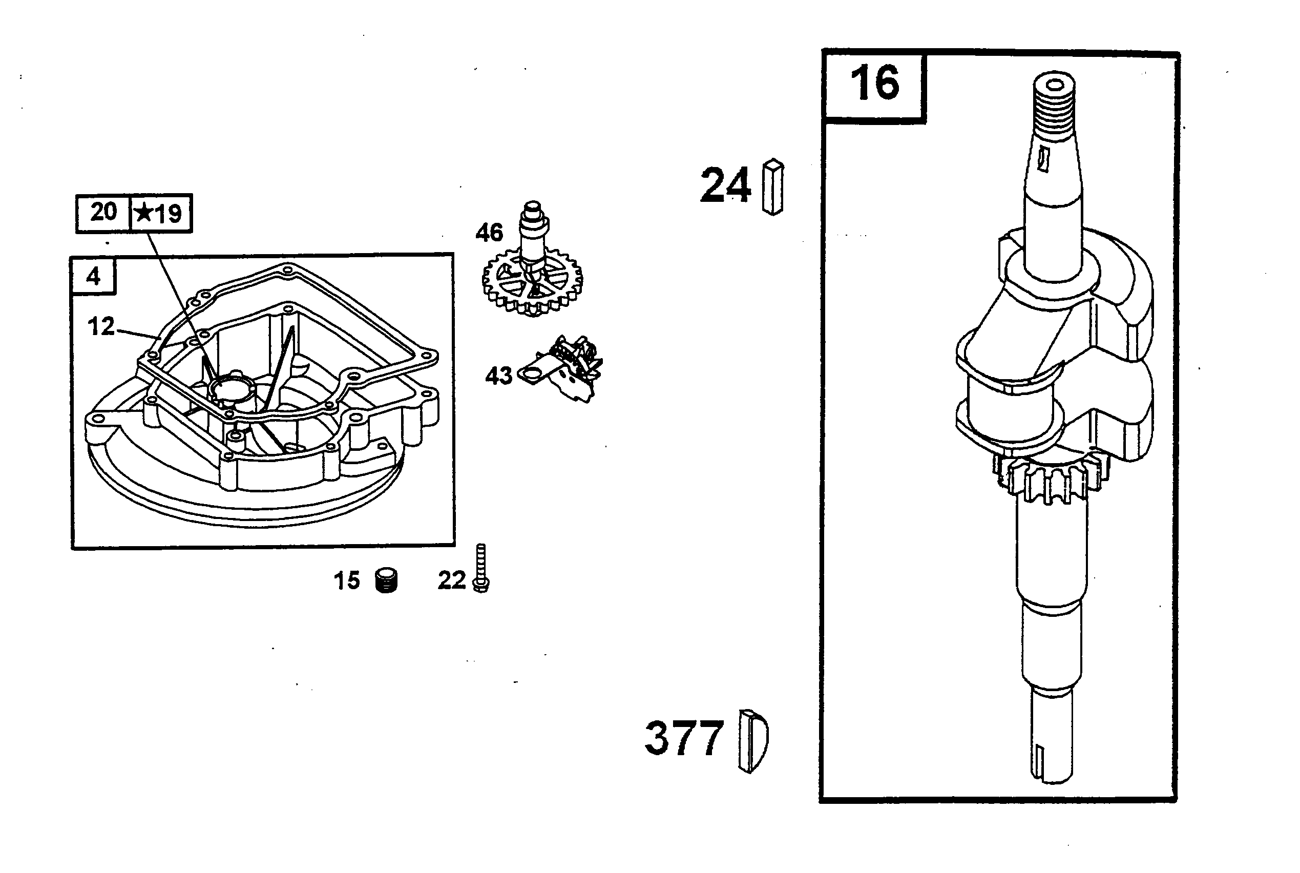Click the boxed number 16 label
point(874,84)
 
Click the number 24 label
point(725,185)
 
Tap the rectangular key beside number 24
point(773,186)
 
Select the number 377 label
point(684,738)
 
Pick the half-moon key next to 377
point(752,741)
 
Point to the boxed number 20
point(103,212)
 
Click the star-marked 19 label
point(159,213)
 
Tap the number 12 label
point(101,326)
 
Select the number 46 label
point(489,233)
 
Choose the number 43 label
point(498,377)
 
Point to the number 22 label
point(451,580)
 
